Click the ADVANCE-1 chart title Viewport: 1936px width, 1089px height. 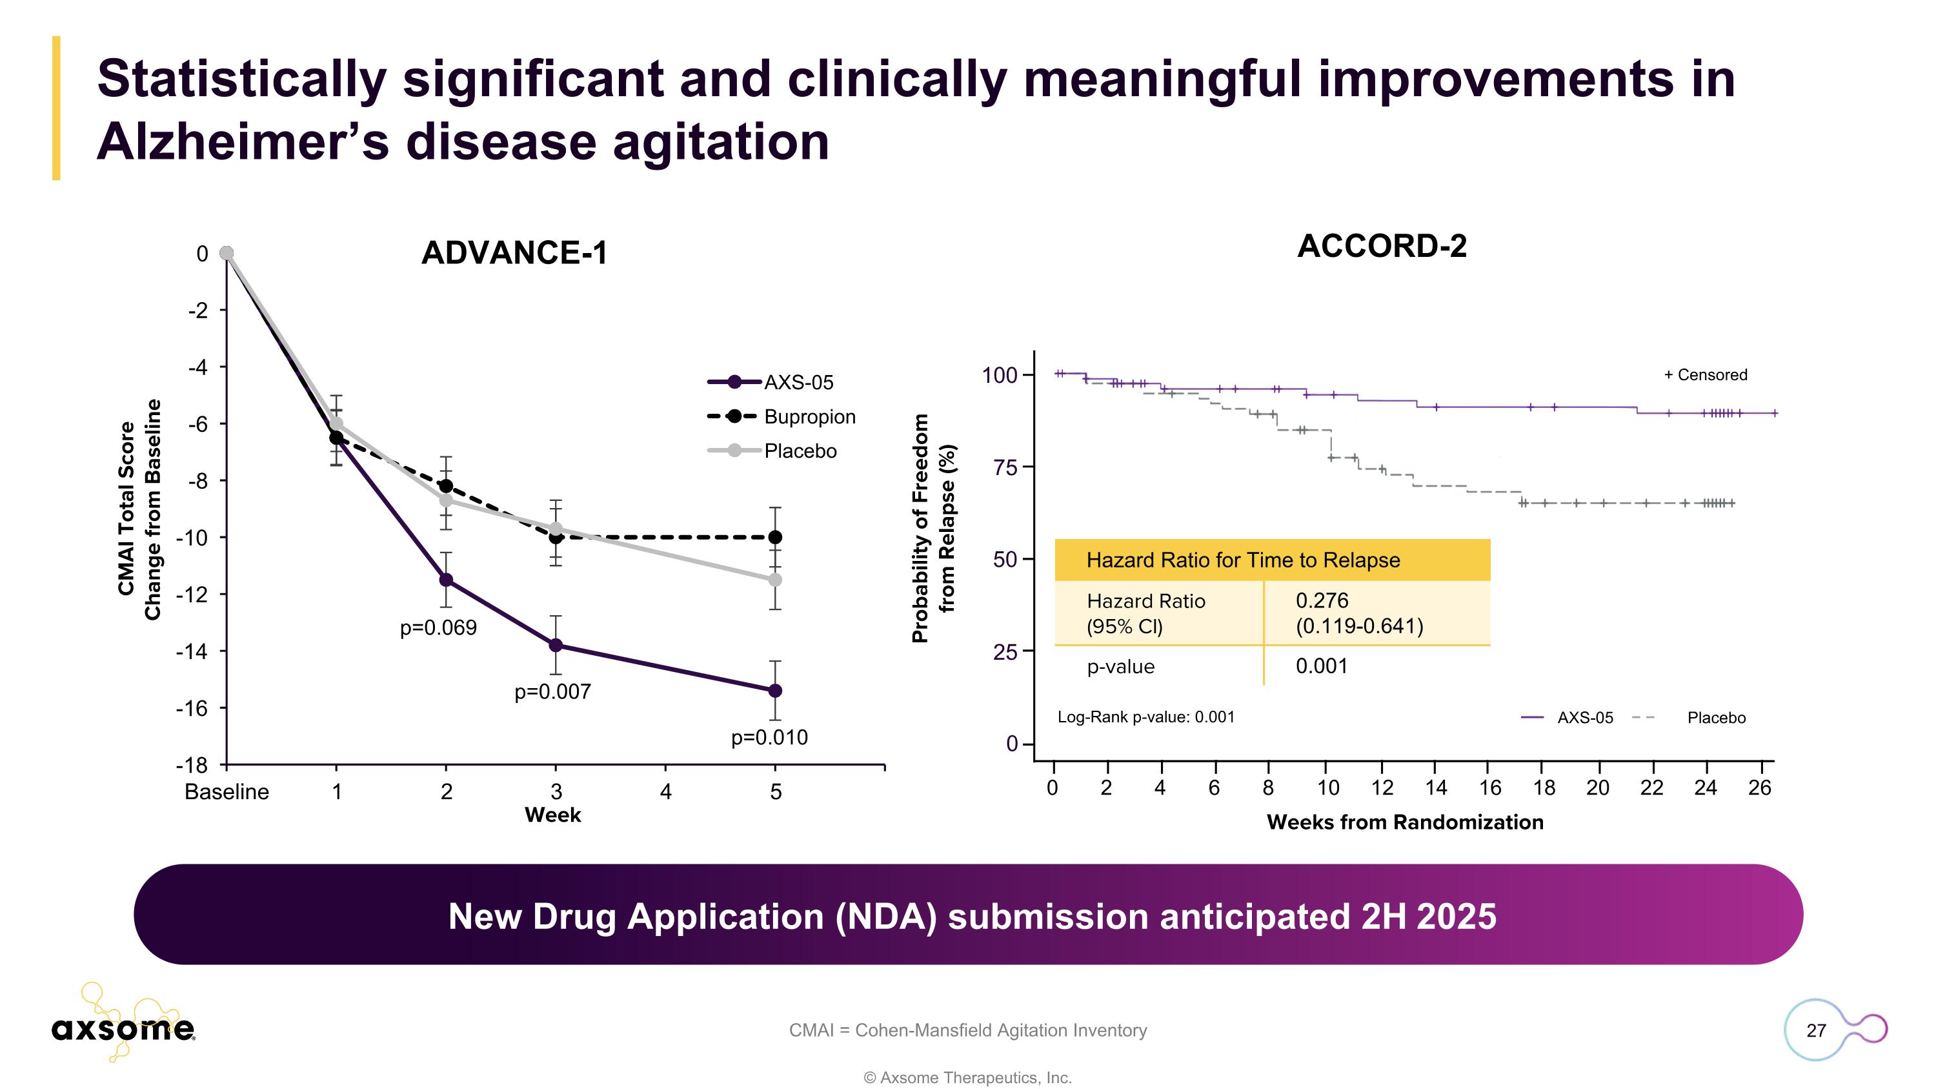coord(514,252)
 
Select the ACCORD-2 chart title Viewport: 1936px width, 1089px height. coord(1382,247)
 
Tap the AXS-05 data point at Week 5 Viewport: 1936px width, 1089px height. coord(775,690)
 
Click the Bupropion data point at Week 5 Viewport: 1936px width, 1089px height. coord(775,536)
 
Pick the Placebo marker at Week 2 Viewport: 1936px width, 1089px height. coord(446,500)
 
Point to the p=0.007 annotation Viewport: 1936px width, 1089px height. coord(552,691)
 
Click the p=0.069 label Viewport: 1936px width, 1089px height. coord(438,627)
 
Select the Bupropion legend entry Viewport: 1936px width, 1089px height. coord(809,416)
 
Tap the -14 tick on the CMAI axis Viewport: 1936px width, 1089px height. coord(192,651)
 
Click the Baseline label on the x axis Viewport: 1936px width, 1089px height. coord(227,791)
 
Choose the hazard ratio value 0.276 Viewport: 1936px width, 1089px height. coord(1321,600)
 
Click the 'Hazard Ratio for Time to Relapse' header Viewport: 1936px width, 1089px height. coord(1242,560)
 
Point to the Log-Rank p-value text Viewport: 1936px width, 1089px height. coord(1145,717)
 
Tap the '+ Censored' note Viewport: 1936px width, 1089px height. coord(1704,374)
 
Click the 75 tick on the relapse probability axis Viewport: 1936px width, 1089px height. coord(1005,467)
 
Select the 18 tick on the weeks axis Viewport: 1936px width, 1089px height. coord(1543,788)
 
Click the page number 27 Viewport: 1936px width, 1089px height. coord(1816,1030)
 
